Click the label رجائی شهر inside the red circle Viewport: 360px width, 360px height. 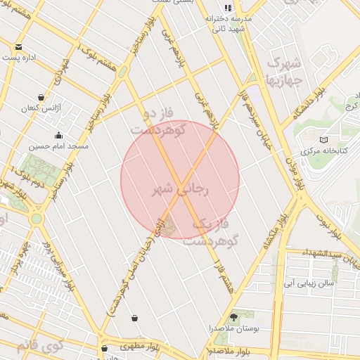[x=180, y=189]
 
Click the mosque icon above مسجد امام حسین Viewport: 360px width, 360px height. [x=58, y=135]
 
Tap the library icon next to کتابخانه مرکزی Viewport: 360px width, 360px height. [x=323, y=140]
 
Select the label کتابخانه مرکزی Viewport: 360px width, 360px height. [x=320, y=151]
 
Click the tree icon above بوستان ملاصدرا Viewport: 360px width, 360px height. [x=234, y=317]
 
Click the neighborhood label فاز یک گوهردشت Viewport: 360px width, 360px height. [x=211, y=232]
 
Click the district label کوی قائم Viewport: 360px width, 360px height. [x=39, y=345]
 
